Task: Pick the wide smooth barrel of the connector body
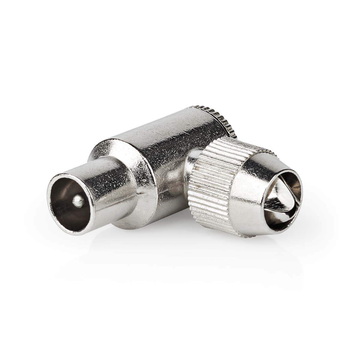point(156,138)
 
